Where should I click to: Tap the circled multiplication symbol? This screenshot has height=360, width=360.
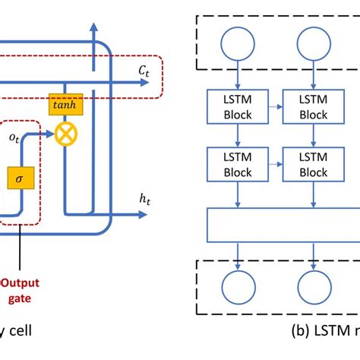(65, 135)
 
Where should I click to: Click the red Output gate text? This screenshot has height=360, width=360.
(24, 289)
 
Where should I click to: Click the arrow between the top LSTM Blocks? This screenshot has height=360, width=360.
(276, 108)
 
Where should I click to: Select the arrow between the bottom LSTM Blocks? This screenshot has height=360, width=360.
(276, 165)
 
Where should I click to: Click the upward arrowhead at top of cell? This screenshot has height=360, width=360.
(94, 28)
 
